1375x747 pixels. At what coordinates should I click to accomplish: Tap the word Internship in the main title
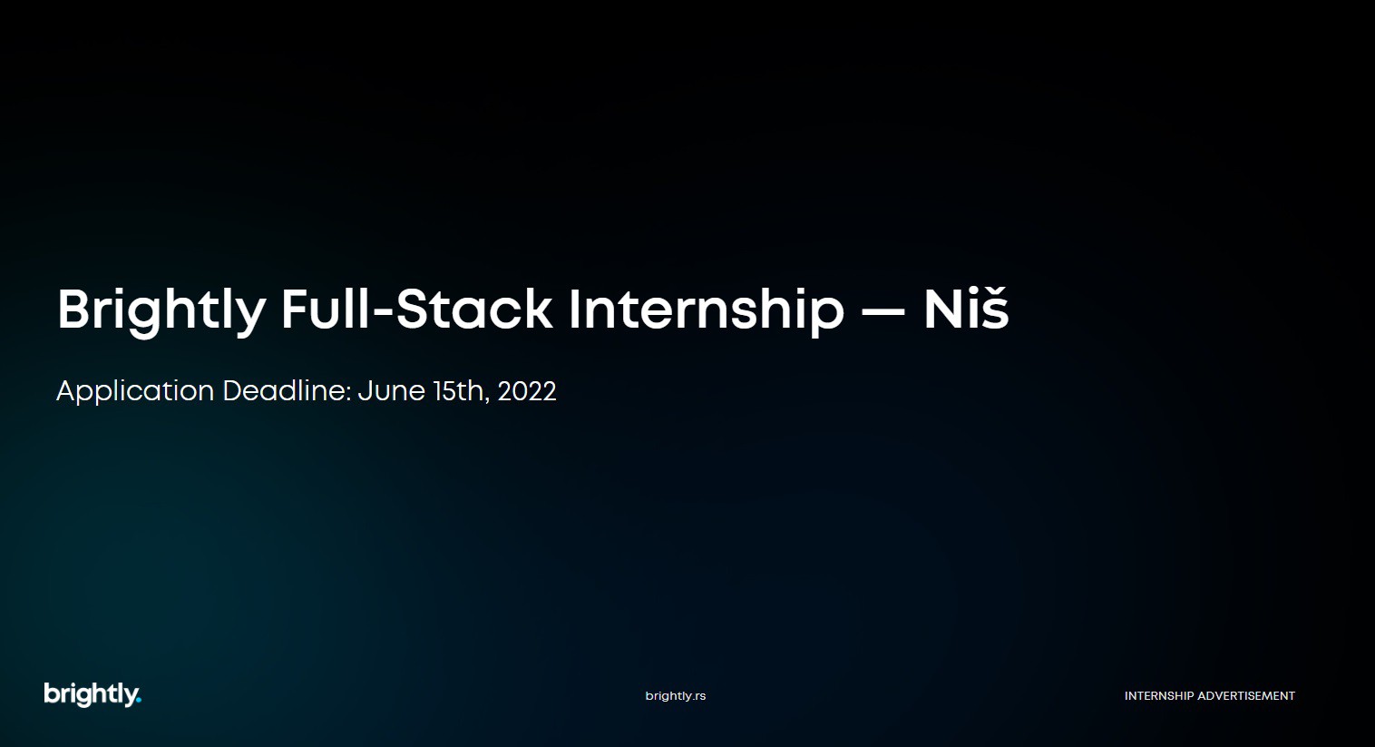707,311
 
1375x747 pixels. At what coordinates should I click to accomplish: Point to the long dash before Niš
883,311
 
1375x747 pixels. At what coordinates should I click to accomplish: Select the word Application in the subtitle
135,391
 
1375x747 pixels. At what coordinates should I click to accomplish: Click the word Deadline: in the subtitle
287,390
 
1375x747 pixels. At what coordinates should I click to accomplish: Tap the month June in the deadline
392,391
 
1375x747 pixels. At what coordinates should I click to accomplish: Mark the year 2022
527,391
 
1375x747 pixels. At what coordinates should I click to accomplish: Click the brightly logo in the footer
93,694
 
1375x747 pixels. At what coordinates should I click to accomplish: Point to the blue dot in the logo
138,700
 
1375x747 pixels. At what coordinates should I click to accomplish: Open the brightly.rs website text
675,696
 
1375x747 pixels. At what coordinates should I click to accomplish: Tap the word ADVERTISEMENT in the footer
1246,696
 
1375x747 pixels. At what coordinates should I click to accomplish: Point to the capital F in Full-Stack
296,309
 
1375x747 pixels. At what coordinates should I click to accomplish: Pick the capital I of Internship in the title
574,309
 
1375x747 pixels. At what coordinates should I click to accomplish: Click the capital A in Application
67,390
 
